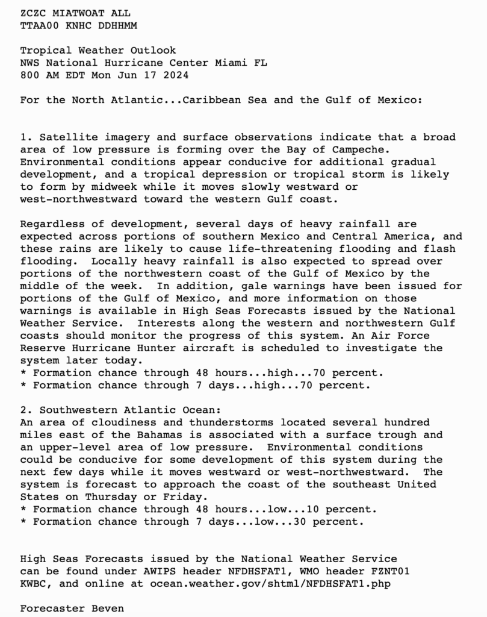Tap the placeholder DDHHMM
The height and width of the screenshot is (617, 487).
pyautogui.click(x=117, y=25)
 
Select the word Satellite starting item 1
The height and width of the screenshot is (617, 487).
pyautogui.click(x=62, y=137)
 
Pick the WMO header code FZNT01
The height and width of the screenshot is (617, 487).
pyautogui.click(x=390, y=571)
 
